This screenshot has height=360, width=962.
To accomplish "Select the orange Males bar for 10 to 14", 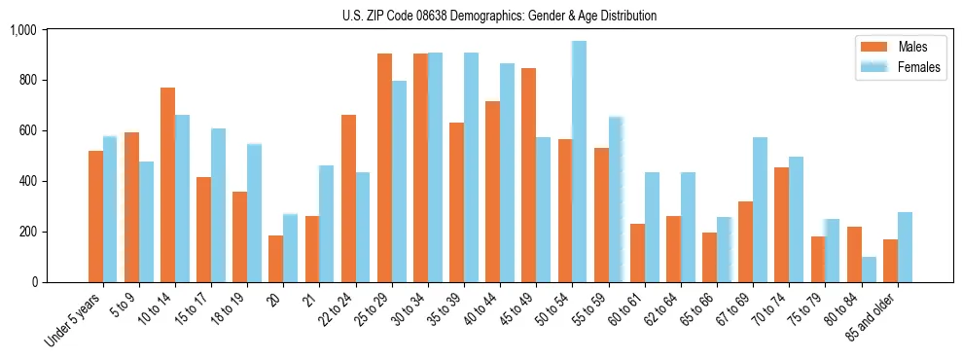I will [167, 185].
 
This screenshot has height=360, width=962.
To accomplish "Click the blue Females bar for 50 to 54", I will [579, 162].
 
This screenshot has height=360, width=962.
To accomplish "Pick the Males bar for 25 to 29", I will [384, 167].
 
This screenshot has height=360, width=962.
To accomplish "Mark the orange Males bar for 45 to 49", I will [528, 175].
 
